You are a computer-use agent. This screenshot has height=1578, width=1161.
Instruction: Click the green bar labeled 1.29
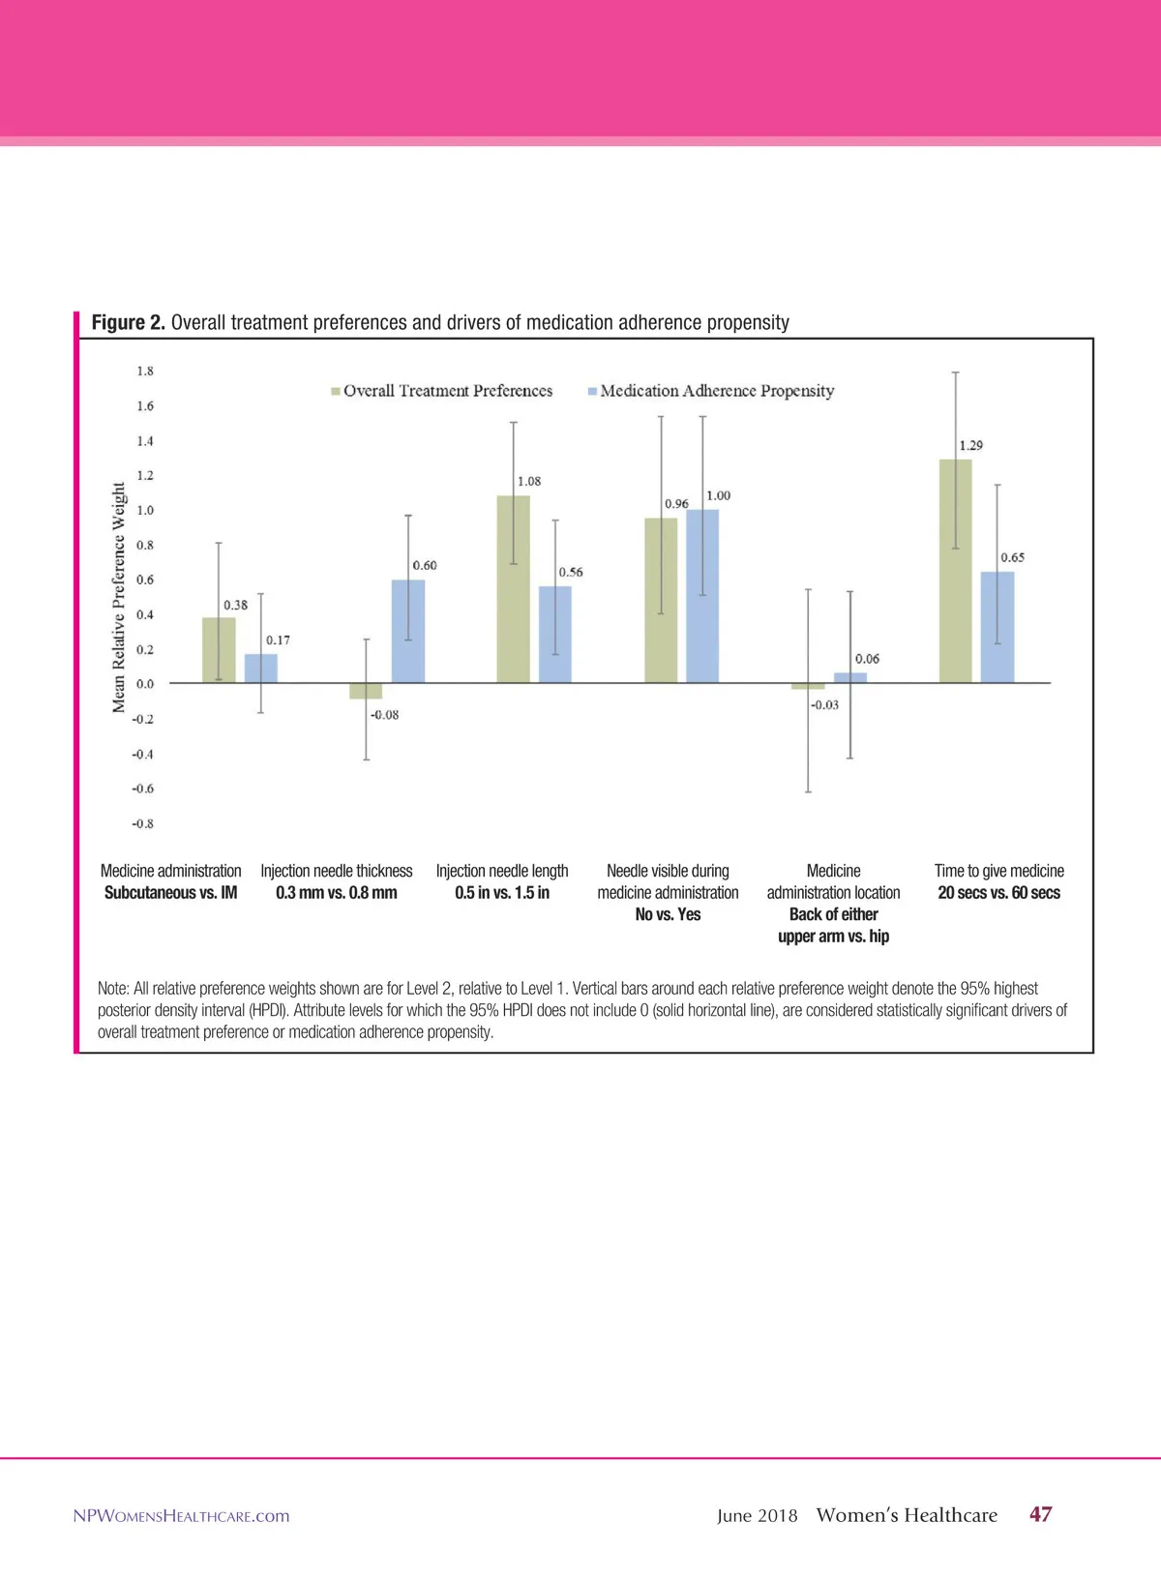coord(955,571)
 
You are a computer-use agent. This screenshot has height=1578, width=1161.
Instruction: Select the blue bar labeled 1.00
coord(702,596)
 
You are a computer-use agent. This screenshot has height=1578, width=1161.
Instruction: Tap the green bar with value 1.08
coord(513,589)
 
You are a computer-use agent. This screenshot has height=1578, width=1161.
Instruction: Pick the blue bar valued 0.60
coord(407,631)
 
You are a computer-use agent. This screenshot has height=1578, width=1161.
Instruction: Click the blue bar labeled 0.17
coord(260,669)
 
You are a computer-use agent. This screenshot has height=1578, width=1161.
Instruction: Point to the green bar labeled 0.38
coord(218,650)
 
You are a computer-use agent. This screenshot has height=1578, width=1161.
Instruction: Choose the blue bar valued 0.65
coord(997,627)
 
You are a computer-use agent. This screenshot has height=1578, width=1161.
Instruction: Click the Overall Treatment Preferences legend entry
coord(442,391)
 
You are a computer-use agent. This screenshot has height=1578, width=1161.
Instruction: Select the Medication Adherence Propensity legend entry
coord(711,391)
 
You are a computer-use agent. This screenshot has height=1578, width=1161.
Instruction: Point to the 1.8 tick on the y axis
coord(144,372)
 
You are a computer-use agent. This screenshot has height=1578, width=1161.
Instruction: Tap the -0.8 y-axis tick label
coord(143,823)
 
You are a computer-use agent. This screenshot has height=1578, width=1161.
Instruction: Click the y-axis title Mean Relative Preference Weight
coord(119,597)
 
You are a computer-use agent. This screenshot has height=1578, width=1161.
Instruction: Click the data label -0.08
coord(384,715)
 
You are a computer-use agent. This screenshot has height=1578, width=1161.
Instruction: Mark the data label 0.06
coord(867,659)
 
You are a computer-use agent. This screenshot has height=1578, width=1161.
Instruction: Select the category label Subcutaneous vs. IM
coord(170,893)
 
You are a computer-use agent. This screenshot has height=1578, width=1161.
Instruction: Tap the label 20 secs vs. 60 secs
coord(998,893)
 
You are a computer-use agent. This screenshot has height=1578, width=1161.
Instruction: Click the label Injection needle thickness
coord(336,871)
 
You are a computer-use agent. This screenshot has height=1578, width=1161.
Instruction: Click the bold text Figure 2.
coord(128,322)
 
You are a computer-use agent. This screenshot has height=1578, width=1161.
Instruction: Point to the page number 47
coord(1040,1514)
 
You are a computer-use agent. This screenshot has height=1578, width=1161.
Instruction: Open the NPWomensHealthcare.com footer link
coord(181,1516)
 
